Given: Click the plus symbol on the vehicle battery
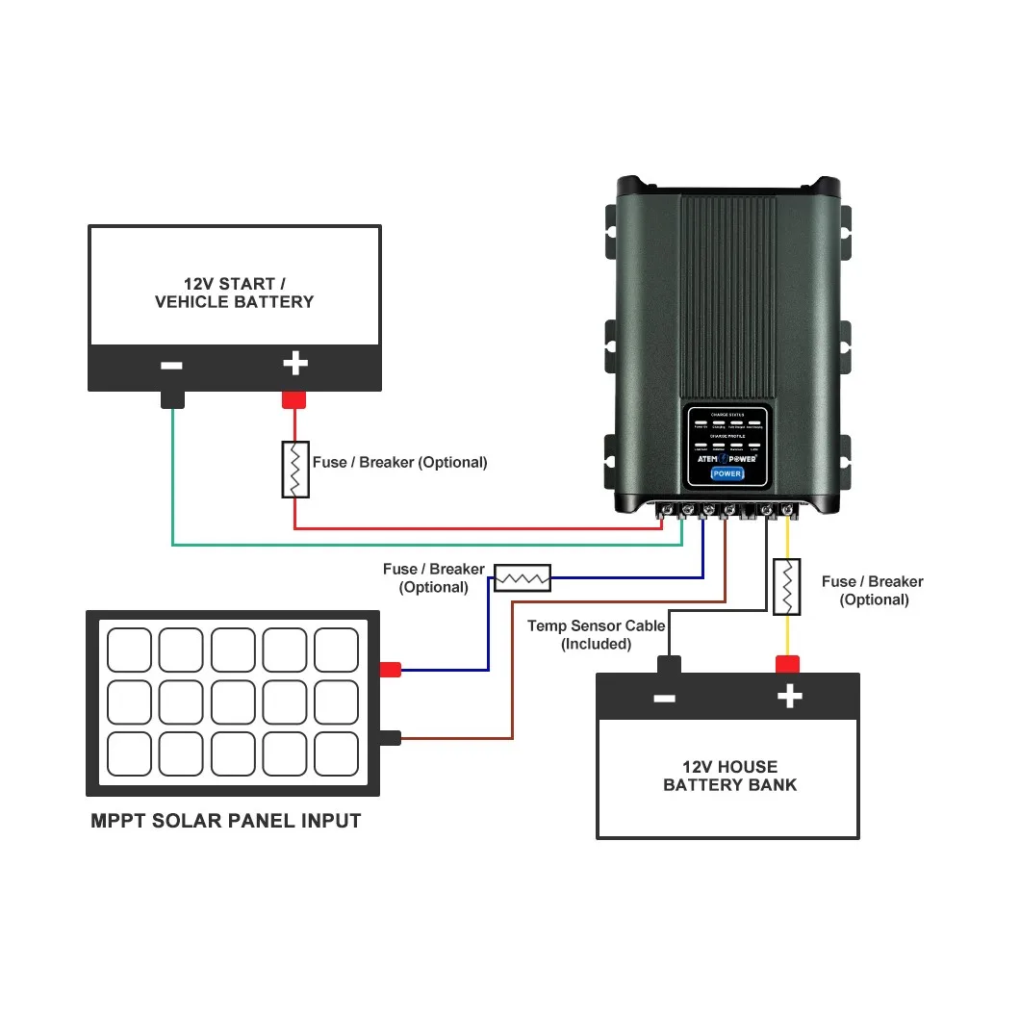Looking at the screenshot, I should click(x=294, y=364).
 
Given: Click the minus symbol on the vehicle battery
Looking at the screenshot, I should click(x=172, y=366).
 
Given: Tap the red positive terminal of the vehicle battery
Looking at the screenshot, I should click(x=293, y=398).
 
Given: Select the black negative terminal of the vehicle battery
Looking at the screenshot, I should click(x=172, y=398).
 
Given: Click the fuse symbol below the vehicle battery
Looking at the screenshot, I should click(x=295, y=470).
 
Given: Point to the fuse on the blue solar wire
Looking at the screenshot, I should click(x=522, y=577).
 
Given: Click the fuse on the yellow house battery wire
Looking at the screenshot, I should click(x=787, y=586).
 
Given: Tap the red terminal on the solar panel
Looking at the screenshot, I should click(x=390, y=670).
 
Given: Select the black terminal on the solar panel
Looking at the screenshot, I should click(x=390, y=738).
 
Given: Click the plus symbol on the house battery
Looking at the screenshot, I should click(x=789, y=697).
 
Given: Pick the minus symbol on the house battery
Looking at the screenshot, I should click(x=665, y=698).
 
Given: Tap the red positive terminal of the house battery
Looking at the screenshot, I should click(x=788, y=664).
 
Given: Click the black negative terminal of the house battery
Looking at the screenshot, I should click(x=668, y=664).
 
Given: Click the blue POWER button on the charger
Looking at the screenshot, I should click(x=727, y=473).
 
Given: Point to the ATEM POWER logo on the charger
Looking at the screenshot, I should click(x=727, y=458).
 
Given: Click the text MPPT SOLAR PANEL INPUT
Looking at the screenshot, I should click(x=226, y=821).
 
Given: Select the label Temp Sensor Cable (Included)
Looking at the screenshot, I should click(x=596, y=635).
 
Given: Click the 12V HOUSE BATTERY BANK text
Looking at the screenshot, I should click(x=729, y=776).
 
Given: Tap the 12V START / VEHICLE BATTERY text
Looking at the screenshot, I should click(x=234, y=293).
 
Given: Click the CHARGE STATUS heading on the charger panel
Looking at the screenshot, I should click(x=727, y=414).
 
